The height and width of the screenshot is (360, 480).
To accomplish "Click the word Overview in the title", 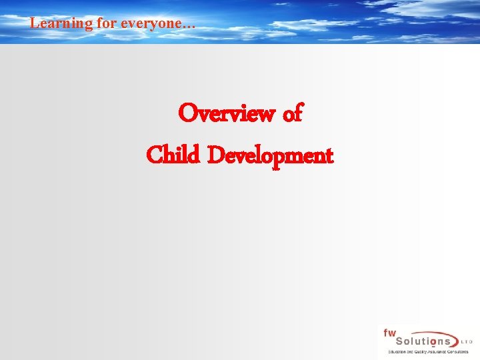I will (227, 114).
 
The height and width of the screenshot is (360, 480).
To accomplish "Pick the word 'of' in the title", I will (293, 114).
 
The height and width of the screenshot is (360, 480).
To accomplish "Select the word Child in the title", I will (173, 155).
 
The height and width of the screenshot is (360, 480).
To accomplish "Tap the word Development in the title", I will (270, 157).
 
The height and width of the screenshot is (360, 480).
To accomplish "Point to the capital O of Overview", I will (187, 114).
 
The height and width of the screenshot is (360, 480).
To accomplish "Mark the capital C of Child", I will (153, 156).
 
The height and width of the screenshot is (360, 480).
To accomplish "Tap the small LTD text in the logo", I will (467, 341).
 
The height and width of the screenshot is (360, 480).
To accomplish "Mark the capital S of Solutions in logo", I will (387, 341).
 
